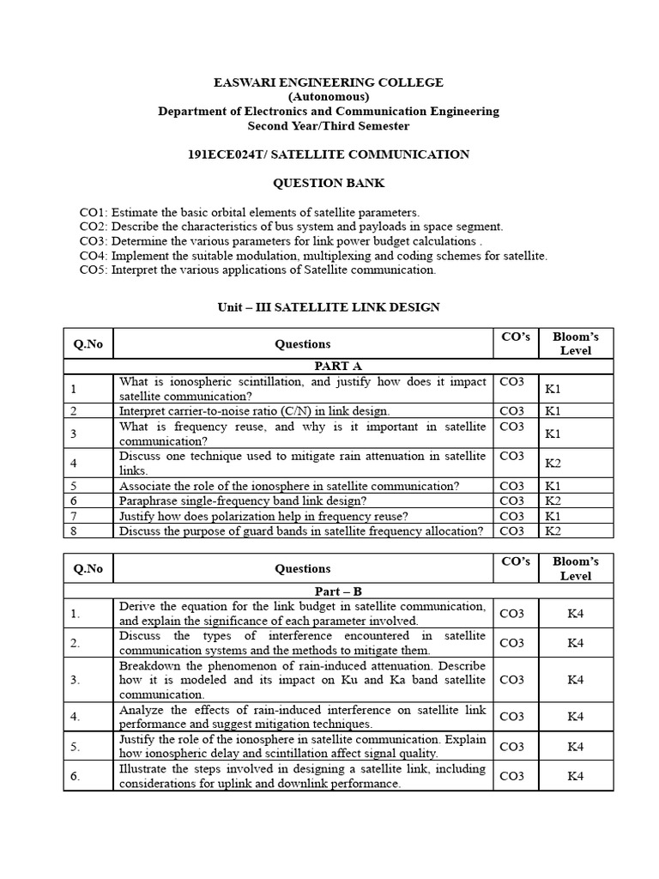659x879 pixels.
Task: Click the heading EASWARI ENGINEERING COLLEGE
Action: pos(329,82)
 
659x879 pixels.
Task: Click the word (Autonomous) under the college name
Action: pos(329,97)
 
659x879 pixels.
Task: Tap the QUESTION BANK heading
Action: pos(329,183)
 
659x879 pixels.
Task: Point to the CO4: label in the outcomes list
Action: pos(94,256)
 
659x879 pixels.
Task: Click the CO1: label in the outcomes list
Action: pos(94,212)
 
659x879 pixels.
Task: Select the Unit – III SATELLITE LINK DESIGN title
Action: pos(329,307)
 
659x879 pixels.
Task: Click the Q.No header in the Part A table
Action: pos(88,344)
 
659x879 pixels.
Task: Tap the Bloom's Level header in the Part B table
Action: pos(575,569)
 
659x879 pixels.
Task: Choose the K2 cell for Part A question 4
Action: pos(553,464)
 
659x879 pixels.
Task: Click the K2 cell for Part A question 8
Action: pos(553,531)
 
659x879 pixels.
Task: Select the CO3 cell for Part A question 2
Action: pos(512,411)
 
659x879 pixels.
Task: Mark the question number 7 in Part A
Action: pos(75,516)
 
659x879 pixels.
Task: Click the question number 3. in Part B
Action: pos(76,680)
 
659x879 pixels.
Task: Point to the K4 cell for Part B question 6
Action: pos(575,776)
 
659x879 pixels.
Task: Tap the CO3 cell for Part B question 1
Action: pos(512,613)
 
